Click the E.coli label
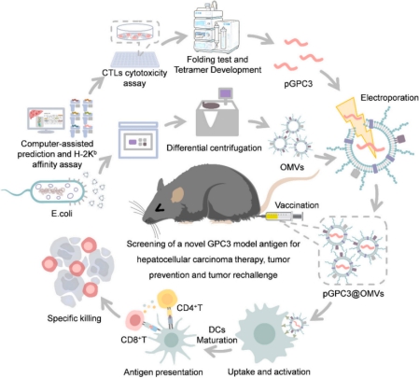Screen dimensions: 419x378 tap(62, 214)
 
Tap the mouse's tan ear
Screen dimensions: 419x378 tap(178, 195)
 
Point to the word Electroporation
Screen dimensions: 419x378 tap(389, 98)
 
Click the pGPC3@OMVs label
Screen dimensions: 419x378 tap(353, 293)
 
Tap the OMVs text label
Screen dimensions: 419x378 tap(292, 167)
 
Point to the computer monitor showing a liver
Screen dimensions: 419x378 tap(46, 119)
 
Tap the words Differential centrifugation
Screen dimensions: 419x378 tap(214, 147)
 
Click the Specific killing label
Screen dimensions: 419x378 tap(74, 318)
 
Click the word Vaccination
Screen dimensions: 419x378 tap(297, 205)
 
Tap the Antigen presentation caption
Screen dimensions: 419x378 tap(163, 371)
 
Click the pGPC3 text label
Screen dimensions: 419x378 tap(298, 83)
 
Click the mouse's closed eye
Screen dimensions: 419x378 tap(161, 208)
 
